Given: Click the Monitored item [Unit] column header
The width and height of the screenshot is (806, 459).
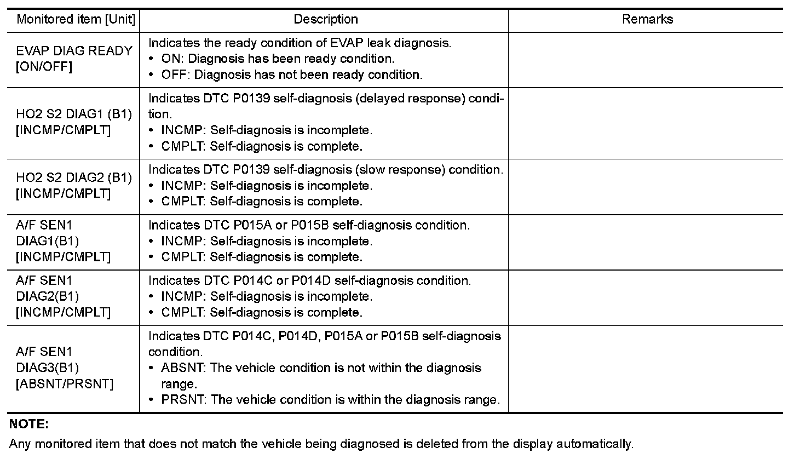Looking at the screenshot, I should coord(76,20).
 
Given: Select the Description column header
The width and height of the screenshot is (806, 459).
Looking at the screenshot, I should coord(326,20).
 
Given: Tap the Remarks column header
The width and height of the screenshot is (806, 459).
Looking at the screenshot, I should coord(647,20).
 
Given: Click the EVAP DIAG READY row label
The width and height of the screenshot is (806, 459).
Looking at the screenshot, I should coord(74,51).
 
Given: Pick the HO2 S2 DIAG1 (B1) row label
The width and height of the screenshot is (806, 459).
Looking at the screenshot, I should coord(74,114).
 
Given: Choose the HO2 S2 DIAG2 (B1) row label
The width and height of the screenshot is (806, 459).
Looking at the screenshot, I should coord(74,177).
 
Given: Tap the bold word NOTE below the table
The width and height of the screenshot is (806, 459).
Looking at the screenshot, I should coord(29,424).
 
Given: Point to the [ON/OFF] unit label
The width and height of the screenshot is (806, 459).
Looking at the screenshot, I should coord(44,67).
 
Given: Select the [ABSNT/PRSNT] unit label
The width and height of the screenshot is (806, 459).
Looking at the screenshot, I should coord(65,383).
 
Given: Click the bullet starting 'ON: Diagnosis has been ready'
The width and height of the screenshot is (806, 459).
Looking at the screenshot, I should coord(278,59).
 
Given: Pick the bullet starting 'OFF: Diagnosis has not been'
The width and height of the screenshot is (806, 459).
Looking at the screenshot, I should coord(292,74).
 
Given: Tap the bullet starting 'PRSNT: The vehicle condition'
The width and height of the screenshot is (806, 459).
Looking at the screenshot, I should coord(330,399).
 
